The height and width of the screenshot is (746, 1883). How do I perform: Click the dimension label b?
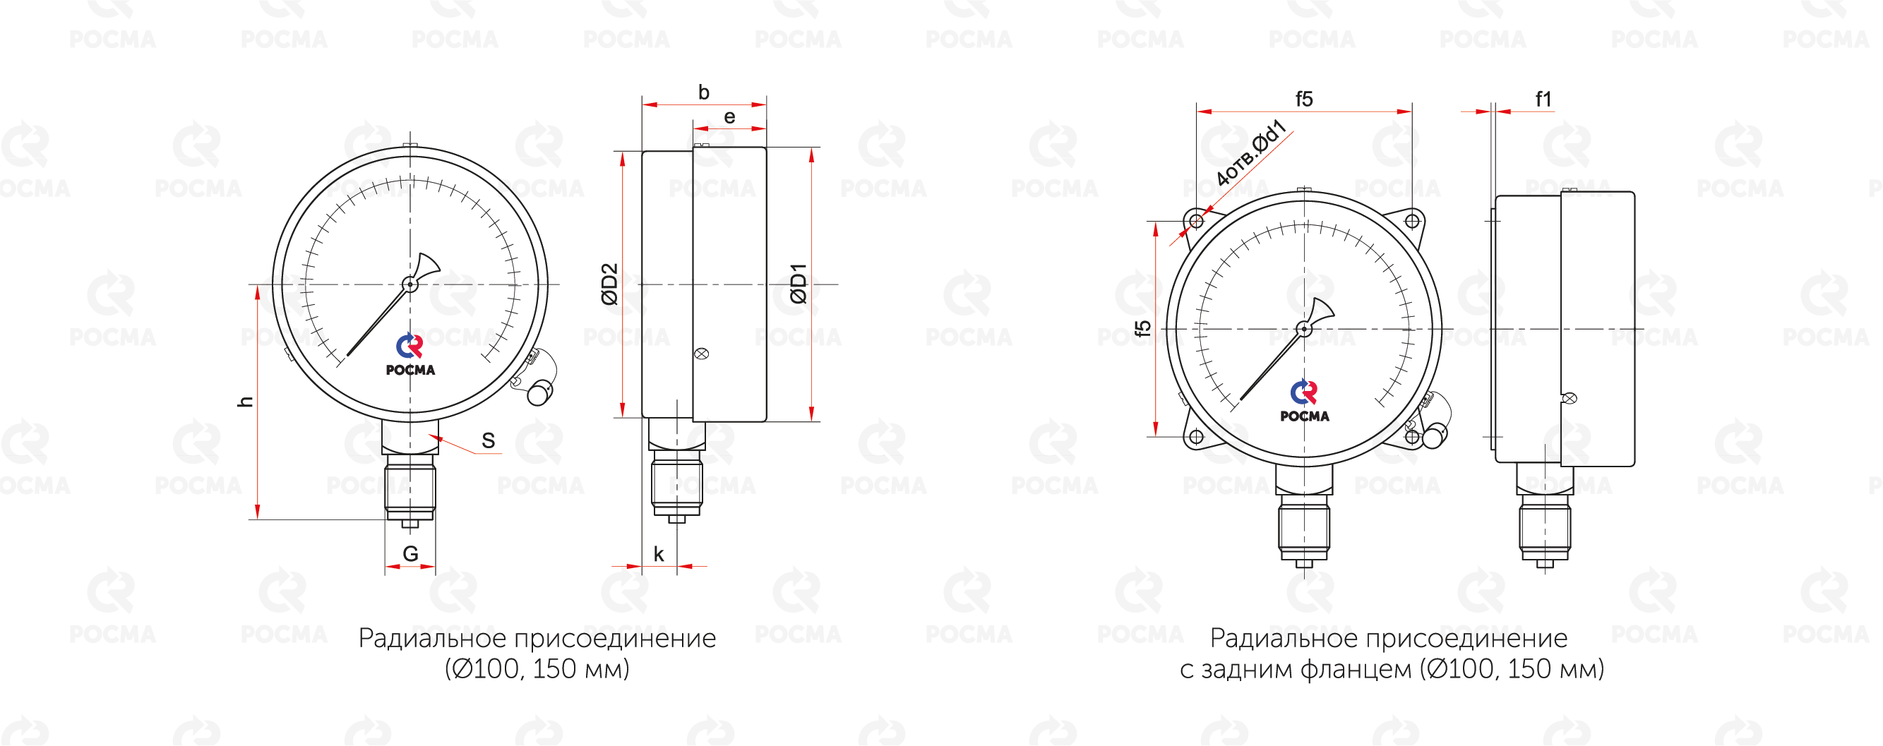[704, 92]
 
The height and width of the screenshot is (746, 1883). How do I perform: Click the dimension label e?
[729, 117]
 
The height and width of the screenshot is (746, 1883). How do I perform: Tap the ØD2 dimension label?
[609, 284]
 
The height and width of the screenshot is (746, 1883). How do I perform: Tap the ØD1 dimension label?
[799, 284]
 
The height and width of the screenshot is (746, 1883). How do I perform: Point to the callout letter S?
[489, 440]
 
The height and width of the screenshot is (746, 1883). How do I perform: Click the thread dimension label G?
[411, 554]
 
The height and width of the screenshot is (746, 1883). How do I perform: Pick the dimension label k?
[659, 554]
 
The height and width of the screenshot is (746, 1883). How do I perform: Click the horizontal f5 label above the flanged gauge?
[1304, 99]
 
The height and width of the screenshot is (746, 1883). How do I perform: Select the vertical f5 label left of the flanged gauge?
[1142, 329]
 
